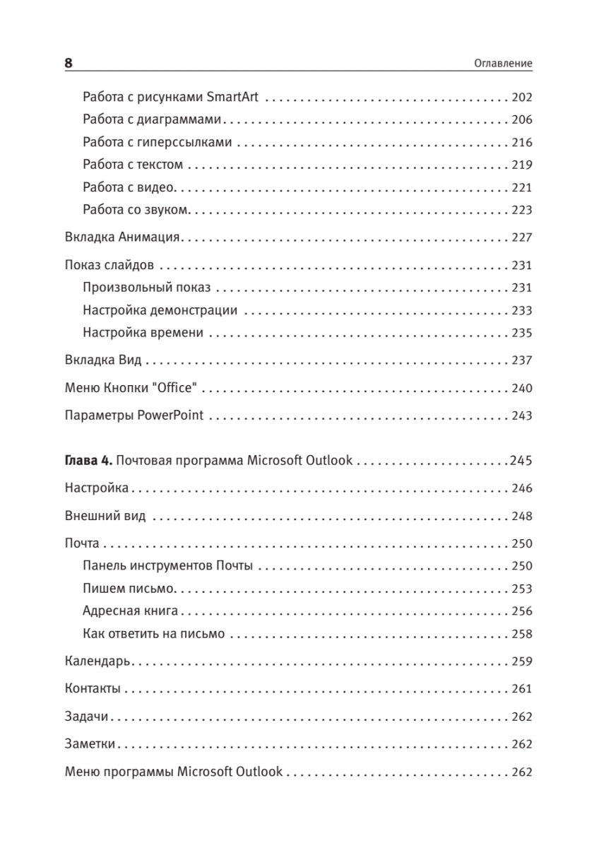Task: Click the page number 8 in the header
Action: click(x=69, y=63)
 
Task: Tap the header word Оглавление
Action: click(x=502, y=64)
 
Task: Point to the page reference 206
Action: click(x=521, y=119)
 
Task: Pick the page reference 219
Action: click(x=521, y=165)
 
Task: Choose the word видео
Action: click(x=159, y=187)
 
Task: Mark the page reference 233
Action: click(x=521, y=310)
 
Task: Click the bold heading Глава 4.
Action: click(x=88, y=461)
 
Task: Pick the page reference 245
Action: click(x=521, y=461)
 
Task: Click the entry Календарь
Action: click(x=95, y=661)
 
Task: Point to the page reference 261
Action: click(x=521, y=689)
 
